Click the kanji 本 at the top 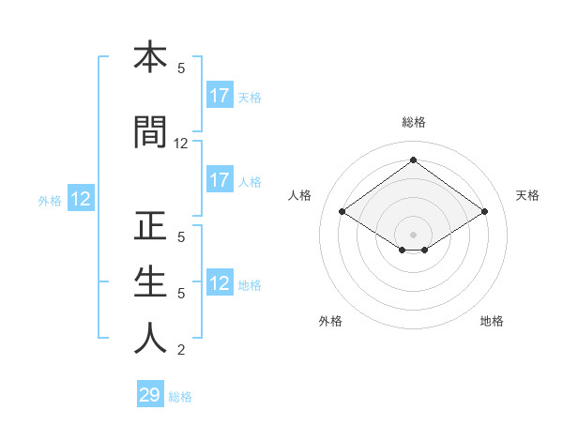150,57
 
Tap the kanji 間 150,132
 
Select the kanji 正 150,227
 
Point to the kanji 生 150,282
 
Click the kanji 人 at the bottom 150,339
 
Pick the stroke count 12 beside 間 181,144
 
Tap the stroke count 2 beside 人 181,351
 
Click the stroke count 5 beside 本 181,68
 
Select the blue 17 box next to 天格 220,96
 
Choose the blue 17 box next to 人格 220,180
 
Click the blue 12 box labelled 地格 220,284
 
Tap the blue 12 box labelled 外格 81,199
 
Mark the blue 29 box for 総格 150,395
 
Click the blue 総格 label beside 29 180,397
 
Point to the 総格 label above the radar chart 413,122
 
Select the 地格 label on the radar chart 492,321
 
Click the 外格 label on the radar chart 330,321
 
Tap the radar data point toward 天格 484,212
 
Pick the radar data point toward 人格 342,212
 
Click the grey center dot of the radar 413,234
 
